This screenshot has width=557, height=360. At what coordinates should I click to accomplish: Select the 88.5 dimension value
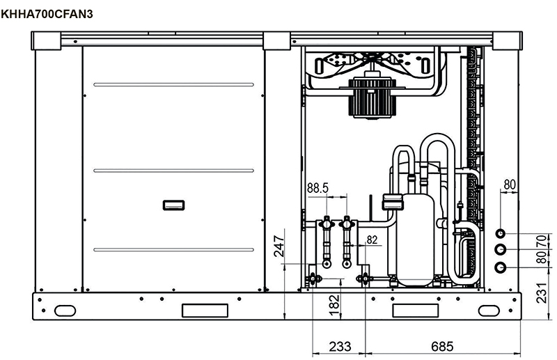318,188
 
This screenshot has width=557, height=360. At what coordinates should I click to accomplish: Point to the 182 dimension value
334,302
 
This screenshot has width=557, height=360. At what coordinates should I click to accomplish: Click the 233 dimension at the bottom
340,346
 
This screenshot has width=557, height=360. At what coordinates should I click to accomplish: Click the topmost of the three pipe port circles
501,233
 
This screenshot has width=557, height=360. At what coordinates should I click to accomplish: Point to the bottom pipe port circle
501,268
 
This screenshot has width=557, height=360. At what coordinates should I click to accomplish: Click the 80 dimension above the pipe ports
509,185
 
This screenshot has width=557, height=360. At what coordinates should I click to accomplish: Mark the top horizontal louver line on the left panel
173,85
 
